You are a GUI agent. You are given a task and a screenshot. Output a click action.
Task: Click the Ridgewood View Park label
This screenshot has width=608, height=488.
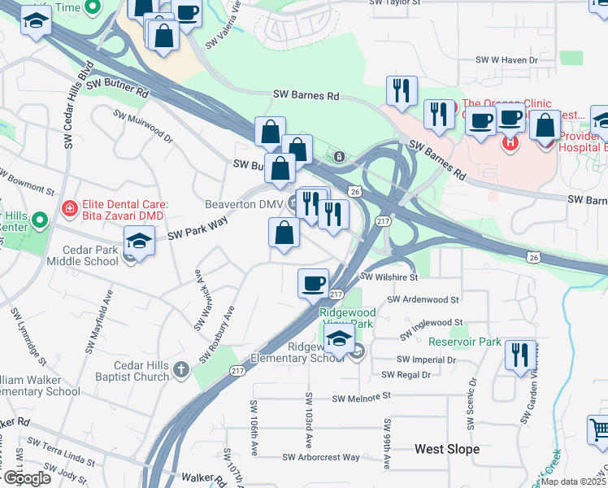pos(347,317)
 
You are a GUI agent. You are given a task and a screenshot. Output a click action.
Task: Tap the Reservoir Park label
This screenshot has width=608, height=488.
pos(464,342)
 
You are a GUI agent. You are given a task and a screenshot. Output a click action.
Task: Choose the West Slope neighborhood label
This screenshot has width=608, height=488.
pos(446,449)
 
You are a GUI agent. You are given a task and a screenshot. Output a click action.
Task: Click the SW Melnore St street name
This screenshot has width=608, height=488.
pos(362,397)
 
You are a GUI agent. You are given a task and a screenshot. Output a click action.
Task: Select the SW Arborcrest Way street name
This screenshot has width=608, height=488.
pos(321,457)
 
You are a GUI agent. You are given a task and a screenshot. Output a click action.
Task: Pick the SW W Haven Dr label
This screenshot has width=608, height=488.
pos(507,60)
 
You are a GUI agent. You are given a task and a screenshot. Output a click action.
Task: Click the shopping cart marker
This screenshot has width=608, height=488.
pos(598,428)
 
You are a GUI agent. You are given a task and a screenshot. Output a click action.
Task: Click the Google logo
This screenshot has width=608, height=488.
pos(27,478)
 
